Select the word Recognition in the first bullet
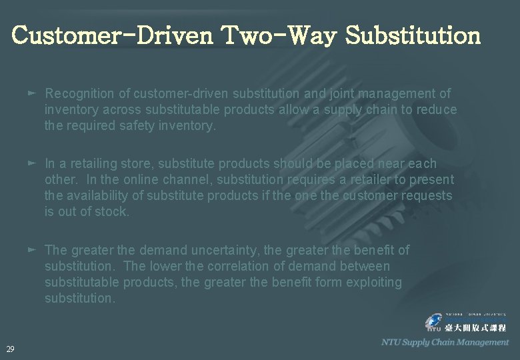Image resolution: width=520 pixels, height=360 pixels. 79,93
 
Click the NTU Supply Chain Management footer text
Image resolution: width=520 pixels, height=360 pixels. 445,342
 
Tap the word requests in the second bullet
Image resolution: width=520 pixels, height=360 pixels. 429,195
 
